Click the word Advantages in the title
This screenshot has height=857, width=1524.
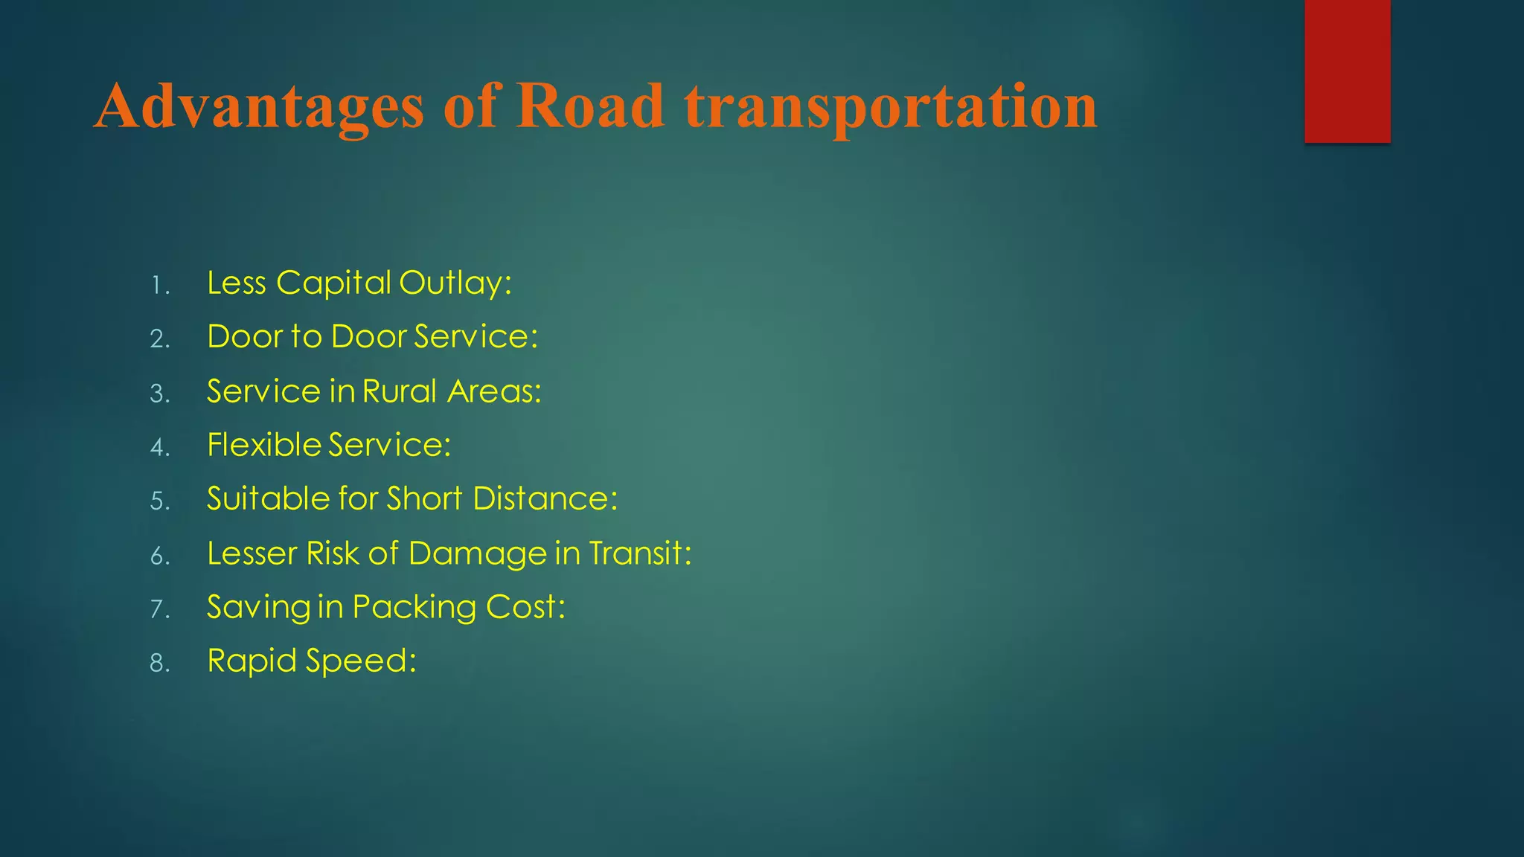click(x=259, y=106)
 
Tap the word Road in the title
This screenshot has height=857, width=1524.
click(x=589, y=106)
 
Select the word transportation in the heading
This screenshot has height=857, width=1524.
click(x=891, y=106)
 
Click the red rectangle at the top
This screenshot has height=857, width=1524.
click(x=1347, y=71)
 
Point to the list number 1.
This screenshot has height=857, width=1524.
click(x=159, y=286)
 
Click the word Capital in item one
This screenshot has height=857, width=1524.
click(x=333, y=283)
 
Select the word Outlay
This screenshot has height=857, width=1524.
click(x=454, y=283)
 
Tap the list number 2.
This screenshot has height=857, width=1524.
click(x=160, y=339)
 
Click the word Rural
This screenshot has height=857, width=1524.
click(x=400, y=391)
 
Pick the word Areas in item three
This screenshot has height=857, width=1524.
click(x=493, y=391)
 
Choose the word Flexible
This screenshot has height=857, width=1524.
click(x=264, y=445)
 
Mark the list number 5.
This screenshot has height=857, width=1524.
click(x=160, y=501)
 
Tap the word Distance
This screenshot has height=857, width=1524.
click(x=544, y=498)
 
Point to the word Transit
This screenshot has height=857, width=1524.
click(x=639, y=553)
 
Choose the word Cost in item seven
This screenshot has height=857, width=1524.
click(x=525, y=607)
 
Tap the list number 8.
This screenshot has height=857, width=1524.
click(x=160, y=663)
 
